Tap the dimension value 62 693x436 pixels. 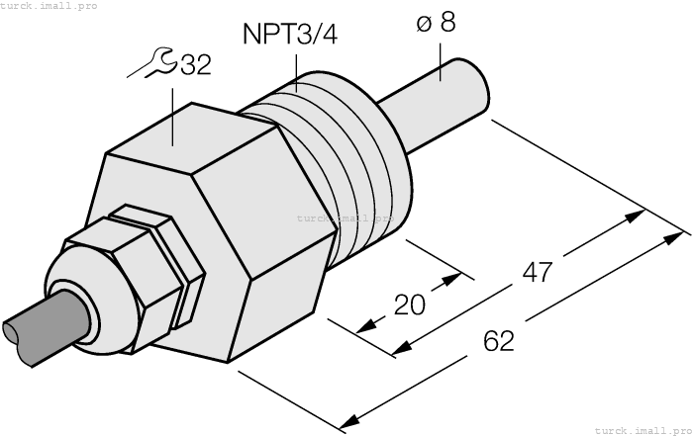click(x=499, y=342)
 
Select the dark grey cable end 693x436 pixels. click(x=30, y=328)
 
